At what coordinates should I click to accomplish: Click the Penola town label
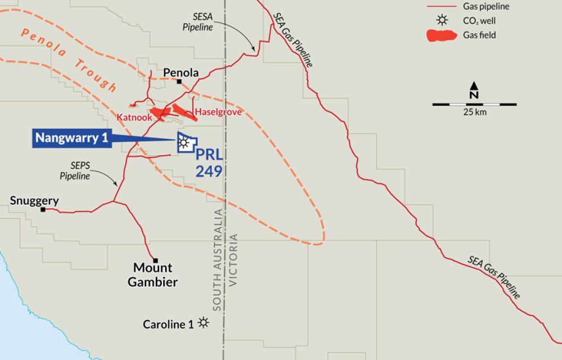coord(181,73)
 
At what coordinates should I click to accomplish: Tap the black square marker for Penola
coord(179,82)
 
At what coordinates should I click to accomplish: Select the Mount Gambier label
coord(153,275)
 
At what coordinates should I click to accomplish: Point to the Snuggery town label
coord(34,201)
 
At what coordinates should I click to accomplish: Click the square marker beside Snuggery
coord(43,209)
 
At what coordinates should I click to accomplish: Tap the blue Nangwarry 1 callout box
coord(72,138)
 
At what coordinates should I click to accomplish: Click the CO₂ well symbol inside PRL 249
coord(183,143)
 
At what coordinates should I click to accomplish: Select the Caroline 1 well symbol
coord(203,323)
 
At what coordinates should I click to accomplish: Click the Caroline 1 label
coord(168,324)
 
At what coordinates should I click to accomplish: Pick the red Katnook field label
coord(132,118)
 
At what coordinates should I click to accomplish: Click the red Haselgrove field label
coord(218,112)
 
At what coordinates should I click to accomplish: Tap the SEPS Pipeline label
coord(75,172)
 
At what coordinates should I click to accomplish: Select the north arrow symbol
coord(474,90)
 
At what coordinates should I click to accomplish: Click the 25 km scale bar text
coord(474,112)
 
